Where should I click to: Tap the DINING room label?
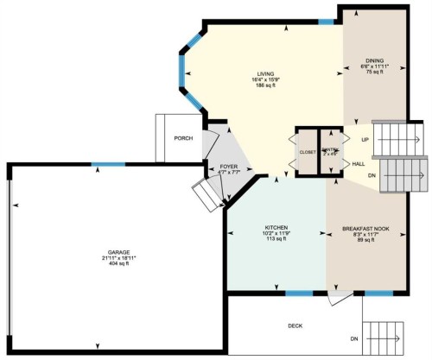(x=368, y=61)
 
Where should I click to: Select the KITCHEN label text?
(x=276, y=228)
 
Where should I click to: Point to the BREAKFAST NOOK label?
(x=365, y=228)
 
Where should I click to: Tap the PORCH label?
(x=182, y=138)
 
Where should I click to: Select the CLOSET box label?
(x=308, y=151)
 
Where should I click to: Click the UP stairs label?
(x=365, y=138)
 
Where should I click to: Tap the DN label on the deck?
(x=353, y=338)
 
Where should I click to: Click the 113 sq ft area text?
(x=276, y=240)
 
